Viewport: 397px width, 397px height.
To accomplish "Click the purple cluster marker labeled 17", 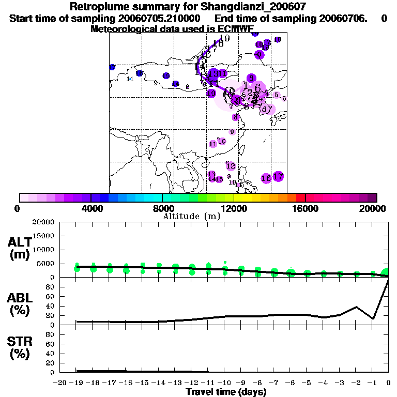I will tap(278, 177).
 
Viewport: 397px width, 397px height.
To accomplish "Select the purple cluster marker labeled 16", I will tap(266, 178).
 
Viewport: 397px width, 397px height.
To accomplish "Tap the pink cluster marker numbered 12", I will tap(231, 166).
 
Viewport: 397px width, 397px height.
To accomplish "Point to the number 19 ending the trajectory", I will tap(224, 38).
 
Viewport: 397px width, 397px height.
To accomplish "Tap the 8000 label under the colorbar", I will tap(162, 208).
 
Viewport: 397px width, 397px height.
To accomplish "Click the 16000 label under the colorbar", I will tap(306, 208).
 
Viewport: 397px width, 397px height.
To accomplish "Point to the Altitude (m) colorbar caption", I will tap(191, 216).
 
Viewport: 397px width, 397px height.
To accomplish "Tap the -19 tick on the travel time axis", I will tap(77, 383).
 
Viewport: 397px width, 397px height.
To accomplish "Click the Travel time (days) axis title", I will tap(226, 392).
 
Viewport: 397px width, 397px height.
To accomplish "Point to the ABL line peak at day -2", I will tap(356, 307).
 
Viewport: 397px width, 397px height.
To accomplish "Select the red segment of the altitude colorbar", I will tap(300, 197).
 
